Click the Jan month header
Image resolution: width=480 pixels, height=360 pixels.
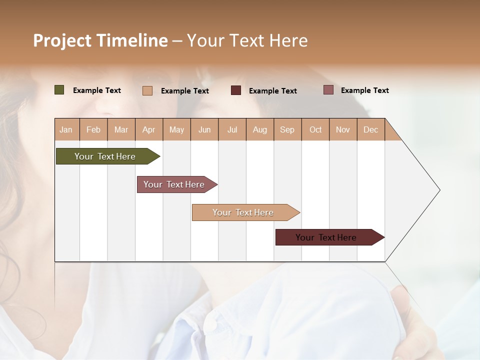[66, 129]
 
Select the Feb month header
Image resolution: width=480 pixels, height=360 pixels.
[93, 129]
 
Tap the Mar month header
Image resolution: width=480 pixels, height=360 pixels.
[121, 129]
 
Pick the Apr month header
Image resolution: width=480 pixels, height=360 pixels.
[149, 129]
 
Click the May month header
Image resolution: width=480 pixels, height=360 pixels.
[176, 129]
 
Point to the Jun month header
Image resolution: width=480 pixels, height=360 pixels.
[204, 129]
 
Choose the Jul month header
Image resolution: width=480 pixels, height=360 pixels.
[232, 129]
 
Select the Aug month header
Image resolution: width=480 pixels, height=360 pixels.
[260, 129]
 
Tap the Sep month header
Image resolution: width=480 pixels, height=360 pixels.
[287, 129]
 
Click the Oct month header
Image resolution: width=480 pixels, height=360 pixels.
[315, 129]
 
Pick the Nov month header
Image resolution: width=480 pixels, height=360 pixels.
[343, 129]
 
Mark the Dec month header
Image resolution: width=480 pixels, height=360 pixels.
[371, 129]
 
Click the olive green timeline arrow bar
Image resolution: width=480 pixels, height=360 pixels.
[105, 156]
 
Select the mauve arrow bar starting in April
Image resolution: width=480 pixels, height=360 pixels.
[174, 184]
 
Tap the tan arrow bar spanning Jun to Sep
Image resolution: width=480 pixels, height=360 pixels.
[243, 212]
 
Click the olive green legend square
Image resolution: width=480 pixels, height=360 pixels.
[59, 90]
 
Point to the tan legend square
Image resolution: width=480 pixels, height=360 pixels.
[147, 90]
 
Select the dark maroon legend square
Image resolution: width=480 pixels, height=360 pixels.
[236, 90]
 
